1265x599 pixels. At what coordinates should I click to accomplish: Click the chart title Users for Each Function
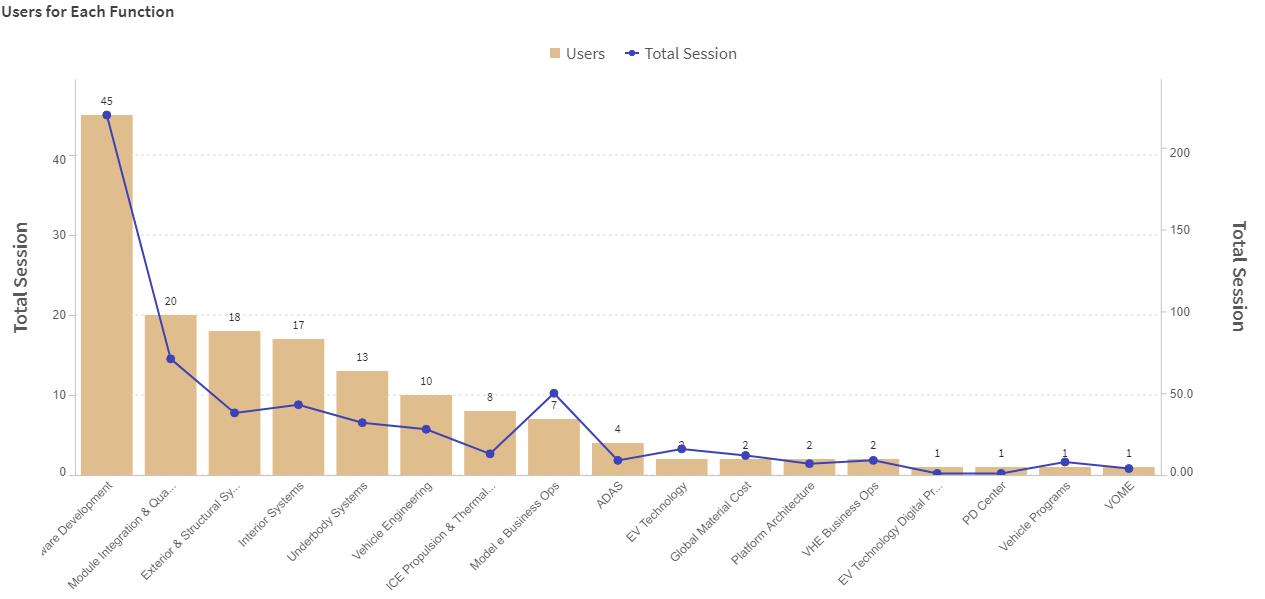87,12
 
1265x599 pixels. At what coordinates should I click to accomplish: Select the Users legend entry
577,54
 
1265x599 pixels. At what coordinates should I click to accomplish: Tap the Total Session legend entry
681,54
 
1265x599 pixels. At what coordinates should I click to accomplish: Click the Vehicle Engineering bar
426,434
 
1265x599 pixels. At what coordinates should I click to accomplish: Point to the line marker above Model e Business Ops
554,394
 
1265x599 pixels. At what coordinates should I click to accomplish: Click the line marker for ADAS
618,460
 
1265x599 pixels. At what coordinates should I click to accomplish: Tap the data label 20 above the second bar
171,301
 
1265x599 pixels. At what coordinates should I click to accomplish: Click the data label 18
234,317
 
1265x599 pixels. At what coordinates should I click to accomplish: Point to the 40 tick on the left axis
59,159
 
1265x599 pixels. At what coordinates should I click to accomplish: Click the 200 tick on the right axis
1180,153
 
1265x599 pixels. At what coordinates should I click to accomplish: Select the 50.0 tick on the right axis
1180,394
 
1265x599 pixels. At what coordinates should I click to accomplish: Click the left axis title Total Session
22,277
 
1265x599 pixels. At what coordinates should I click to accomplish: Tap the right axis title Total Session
1239,276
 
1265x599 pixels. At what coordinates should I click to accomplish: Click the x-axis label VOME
1120,496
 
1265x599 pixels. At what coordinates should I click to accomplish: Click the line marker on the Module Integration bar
171,358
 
